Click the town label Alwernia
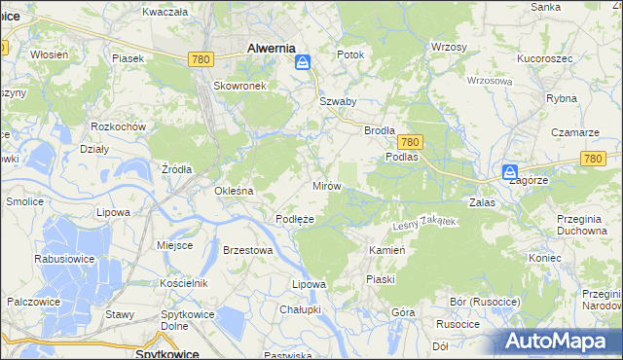(272, 47)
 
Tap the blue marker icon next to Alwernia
(304, 63)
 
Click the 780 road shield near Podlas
(410, 141)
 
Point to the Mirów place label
(325, 185)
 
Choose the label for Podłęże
(294, 219)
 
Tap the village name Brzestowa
(247, 250)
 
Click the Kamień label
(386, 250)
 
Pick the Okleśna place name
(234, 191)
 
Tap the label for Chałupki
(300, 309)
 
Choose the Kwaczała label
(165, 12)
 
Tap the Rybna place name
(562, 98)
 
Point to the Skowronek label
(233, 85)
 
